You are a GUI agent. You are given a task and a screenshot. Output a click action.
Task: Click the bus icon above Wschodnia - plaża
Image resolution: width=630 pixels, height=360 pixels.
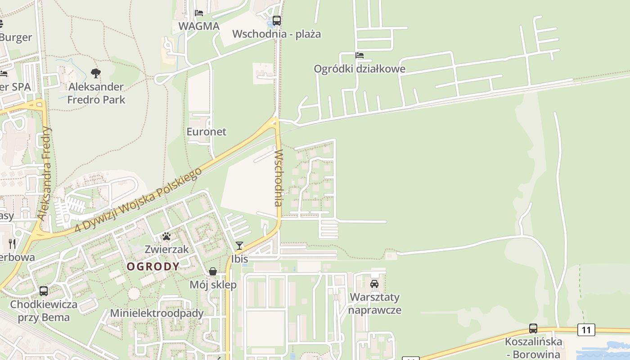tap(276, 21)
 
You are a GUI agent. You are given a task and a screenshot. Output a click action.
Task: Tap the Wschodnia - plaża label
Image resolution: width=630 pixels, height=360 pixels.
tap(276, 34)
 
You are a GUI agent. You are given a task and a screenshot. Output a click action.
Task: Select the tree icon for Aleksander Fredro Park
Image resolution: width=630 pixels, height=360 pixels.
tap(95, 73)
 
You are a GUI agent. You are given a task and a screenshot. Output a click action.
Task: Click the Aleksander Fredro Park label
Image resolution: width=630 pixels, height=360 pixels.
tap(96, 93)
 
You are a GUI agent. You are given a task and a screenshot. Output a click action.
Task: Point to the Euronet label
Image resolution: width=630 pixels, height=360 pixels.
tap(207, 132)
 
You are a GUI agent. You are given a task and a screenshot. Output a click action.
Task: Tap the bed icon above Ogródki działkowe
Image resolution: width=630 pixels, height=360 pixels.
tap(359, 55)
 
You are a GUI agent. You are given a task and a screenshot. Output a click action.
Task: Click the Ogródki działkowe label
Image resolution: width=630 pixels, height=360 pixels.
tap(360, 69)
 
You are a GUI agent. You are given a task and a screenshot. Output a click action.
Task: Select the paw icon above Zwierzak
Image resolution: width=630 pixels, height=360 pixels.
tap(166, 236)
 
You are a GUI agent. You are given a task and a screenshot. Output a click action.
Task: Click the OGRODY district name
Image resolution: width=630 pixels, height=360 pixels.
tap(153, 266)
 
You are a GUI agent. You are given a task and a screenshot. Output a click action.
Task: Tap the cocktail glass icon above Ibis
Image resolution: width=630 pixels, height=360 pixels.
tap(239, 246)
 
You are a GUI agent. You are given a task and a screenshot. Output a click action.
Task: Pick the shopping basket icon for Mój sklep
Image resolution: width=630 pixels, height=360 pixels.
tap(213, 271)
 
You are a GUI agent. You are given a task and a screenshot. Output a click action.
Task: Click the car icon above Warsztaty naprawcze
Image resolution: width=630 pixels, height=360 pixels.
tap(374, 284)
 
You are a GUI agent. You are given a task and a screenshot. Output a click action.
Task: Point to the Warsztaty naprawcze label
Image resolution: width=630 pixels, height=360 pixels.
tap(374, 304)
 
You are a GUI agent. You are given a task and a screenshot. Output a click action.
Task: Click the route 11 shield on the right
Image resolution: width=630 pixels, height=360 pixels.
tap(586, 330)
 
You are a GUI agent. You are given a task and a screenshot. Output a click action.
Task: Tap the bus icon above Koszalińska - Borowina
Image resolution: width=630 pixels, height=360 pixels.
tap(533, 328)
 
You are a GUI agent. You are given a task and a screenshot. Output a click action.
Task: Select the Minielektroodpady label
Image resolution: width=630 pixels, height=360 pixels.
tap(157, 313)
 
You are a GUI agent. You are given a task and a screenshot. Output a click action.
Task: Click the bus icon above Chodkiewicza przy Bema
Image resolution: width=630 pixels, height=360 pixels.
tap(44, 291)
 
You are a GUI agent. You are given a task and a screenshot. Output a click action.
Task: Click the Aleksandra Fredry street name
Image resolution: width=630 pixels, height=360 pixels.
tap(45, 173)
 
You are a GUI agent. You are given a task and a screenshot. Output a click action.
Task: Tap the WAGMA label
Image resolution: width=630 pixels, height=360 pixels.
tap(199, 26)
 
